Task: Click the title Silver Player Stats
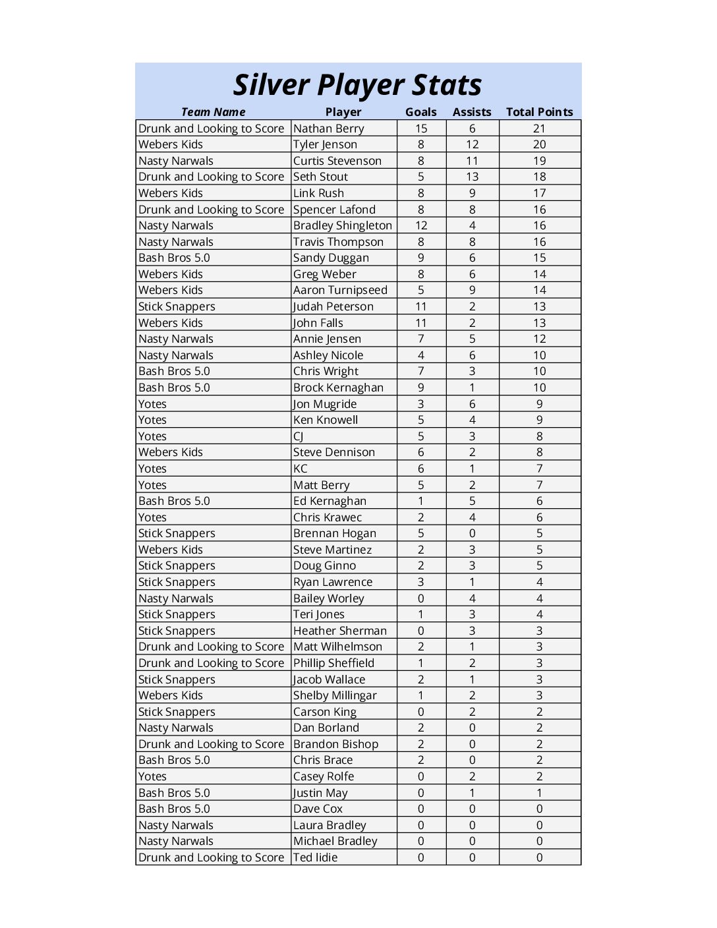(x=358, y=85)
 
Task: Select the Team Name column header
(x=213, y=112)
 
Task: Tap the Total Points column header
(x=539, y=112)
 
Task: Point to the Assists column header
(x=472, y=112)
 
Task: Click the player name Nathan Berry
(x=329, y=129)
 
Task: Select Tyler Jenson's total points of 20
(x=539, y=144)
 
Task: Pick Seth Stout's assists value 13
(x=472, y=177)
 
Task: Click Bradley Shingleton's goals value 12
(x=421, y=225)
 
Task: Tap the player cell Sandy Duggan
(x=331, y=258)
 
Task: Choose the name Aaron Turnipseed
(x=340, y=290)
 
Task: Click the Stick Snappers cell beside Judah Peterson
(x=177, y=306)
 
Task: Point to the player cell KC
(x=301, y=469)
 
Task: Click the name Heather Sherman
(x=340, y=631)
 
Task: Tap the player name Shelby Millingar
(x=335, y=695)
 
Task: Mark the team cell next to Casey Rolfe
(x=152, y=776)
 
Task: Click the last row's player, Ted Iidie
(x=315, y=857)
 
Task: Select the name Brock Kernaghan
(x=338, y=388)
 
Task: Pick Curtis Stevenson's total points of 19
(x=539, y=161)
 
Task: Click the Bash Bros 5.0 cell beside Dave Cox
(x=174, y=809)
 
